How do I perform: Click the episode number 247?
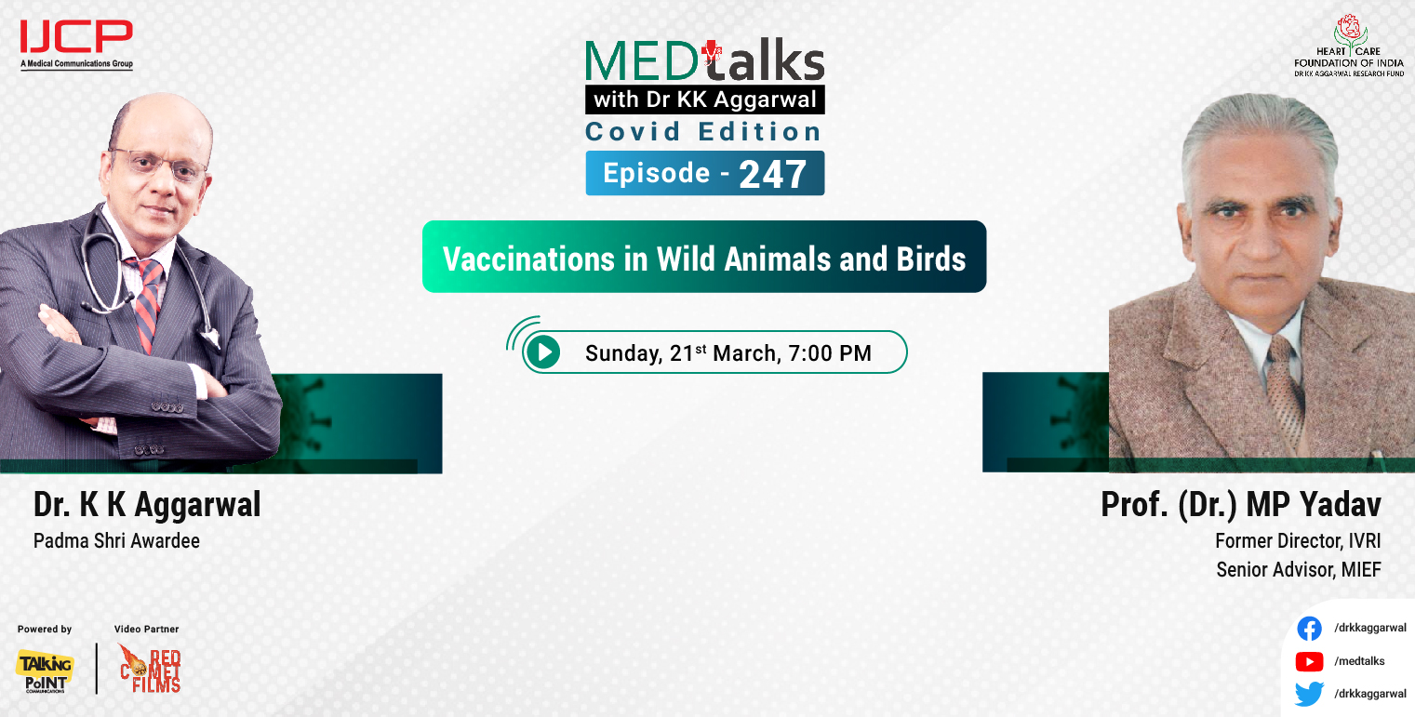pos(772,174)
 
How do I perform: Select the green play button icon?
pos(542,352)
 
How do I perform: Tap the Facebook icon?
pos(1309,629)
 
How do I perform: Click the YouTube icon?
pos(1309,661)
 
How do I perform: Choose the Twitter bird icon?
pos(1309,694)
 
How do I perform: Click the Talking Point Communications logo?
pos(44,671)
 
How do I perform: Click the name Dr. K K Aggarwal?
pos(147,505)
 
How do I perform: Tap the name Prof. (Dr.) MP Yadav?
pos(1241,505)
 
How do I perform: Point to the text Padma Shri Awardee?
pos(116,540)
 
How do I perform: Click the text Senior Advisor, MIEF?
pos(1299,569)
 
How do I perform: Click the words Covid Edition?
pos(703,131)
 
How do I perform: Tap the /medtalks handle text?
pos(1359,661)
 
